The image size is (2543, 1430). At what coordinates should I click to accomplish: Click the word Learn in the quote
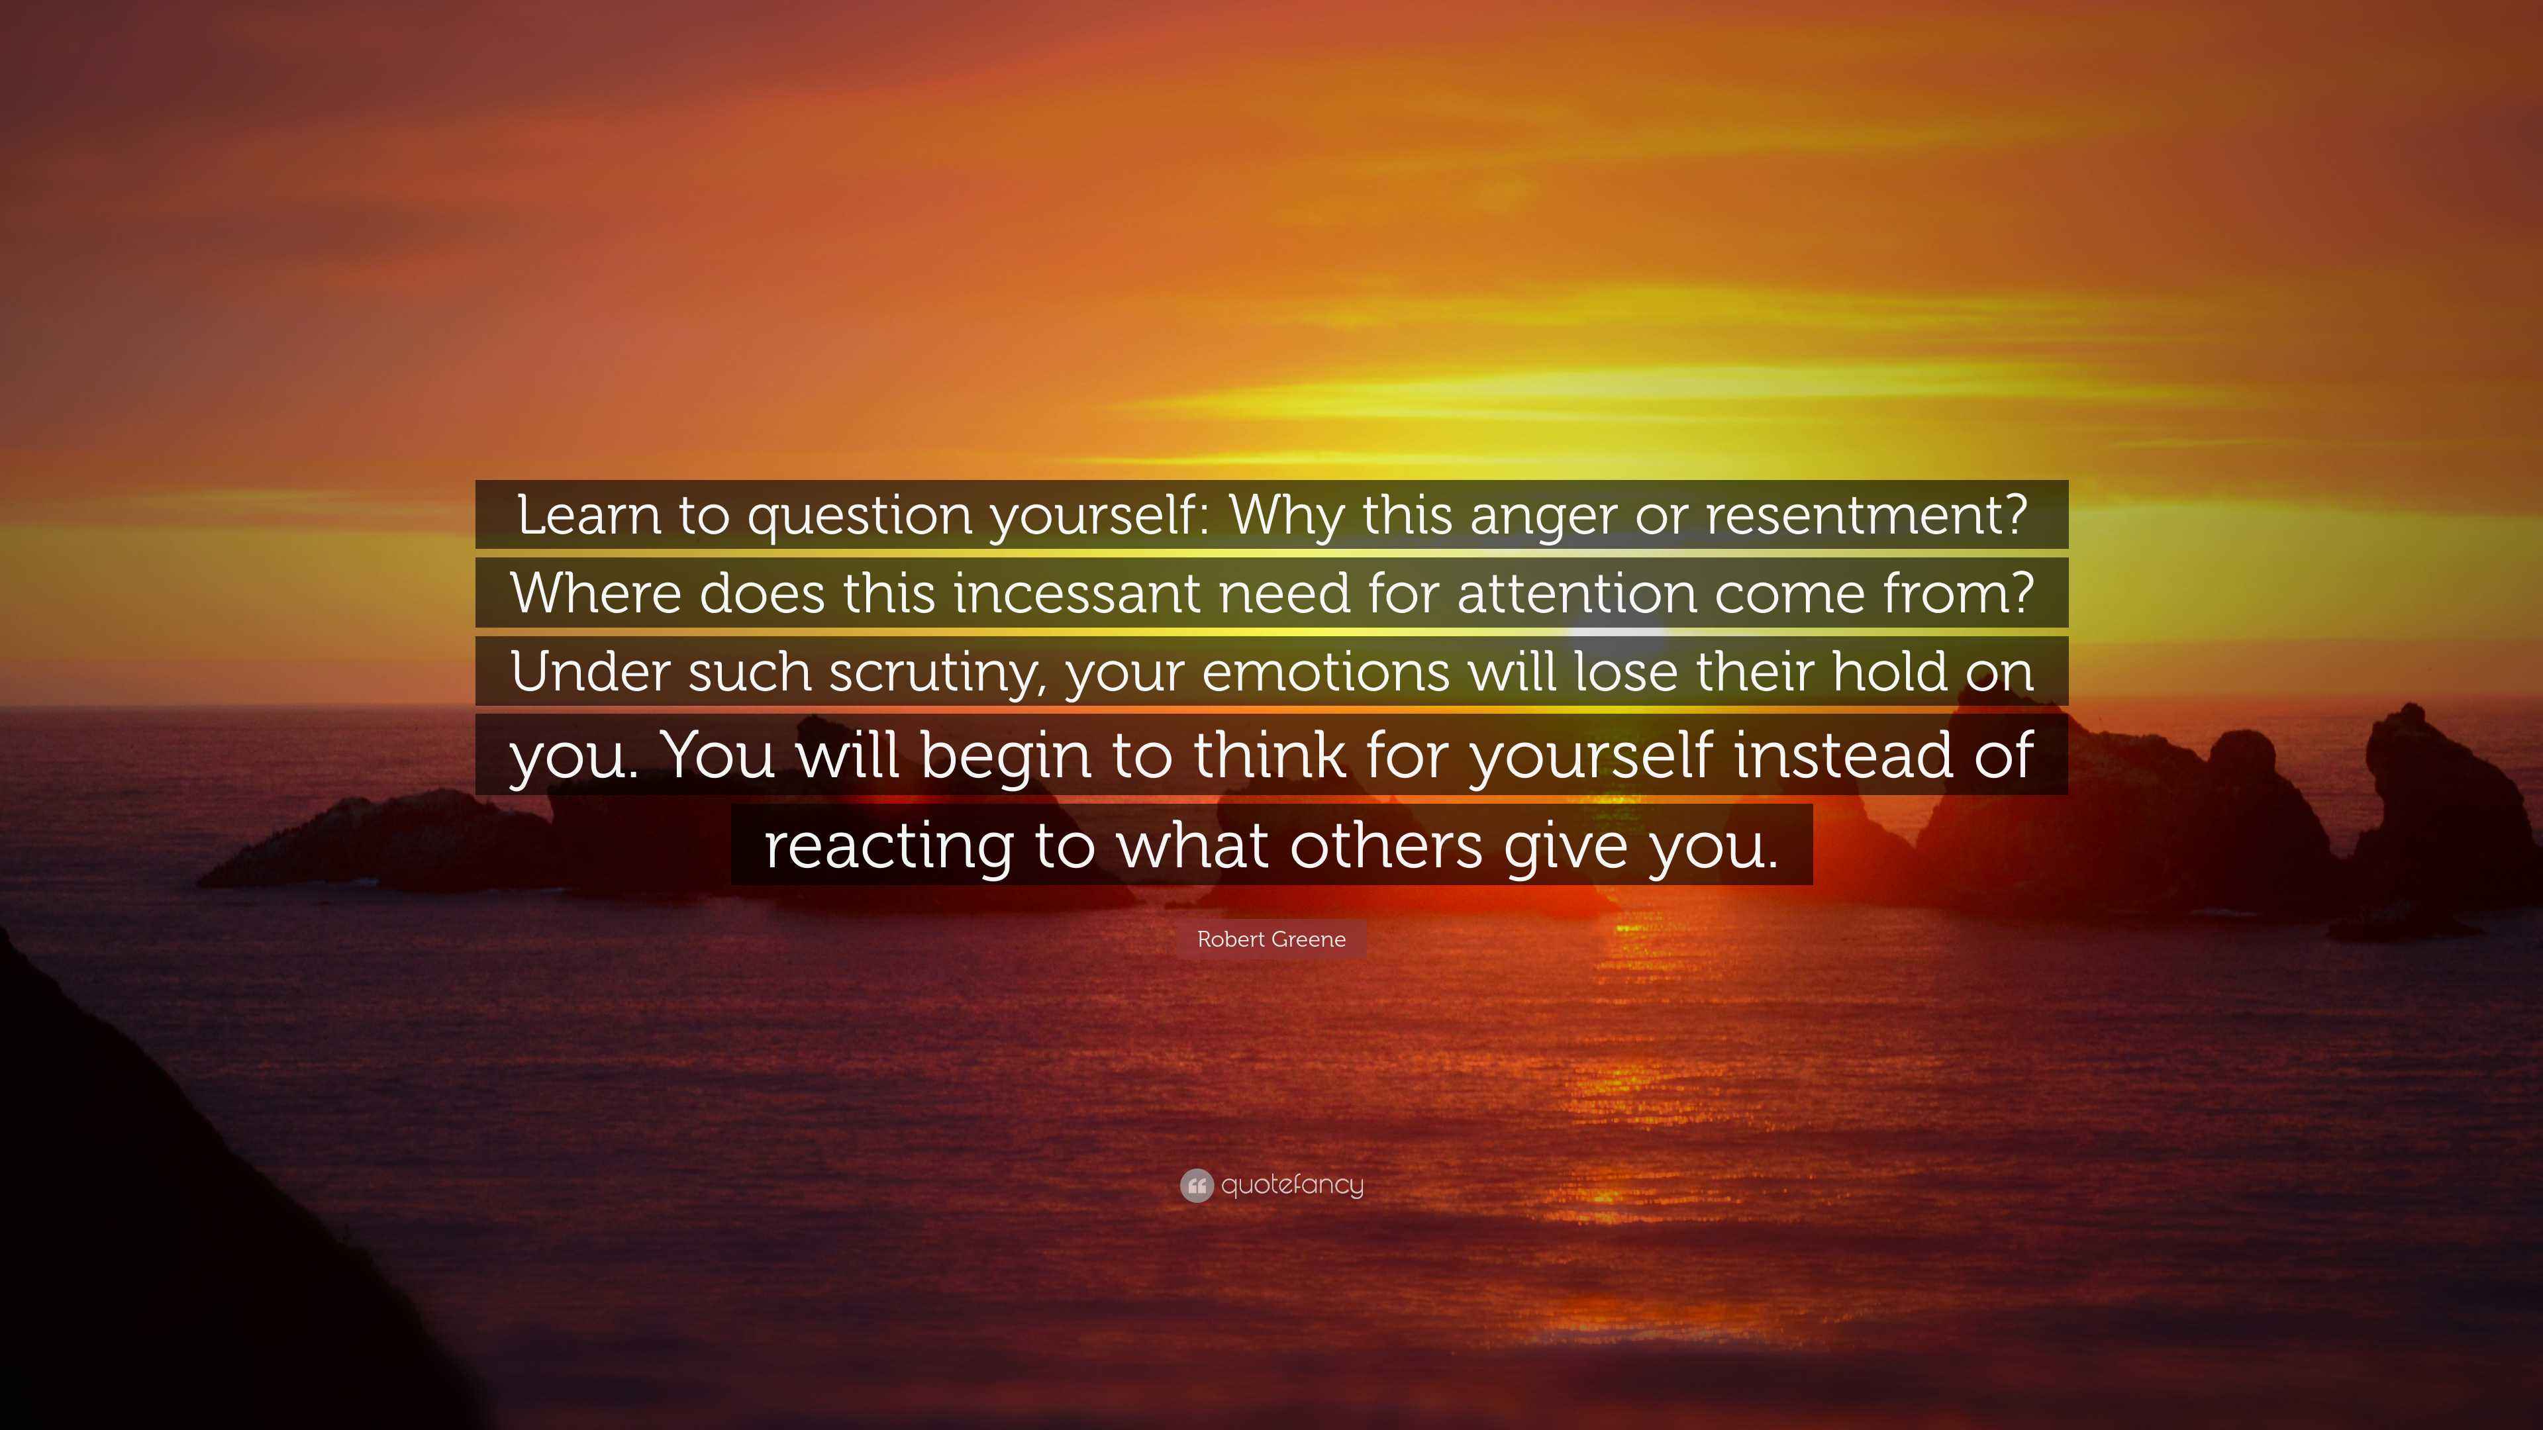[x=587, y=514]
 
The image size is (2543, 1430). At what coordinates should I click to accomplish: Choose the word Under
[x=590, y=671]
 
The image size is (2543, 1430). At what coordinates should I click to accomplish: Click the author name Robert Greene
[x=1271, y=939]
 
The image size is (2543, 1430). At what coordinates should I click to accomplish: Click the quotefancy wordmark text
[x=1292, y=1185]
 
